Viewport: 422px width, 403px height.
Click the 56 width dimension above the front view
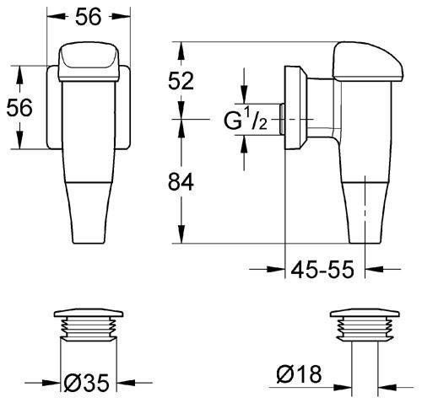[x=89, y=17]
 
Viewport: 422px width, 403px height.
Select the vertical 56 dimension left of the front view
[x=19, y=108]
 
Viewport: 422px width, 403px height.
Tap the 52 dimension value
[x=181, y=81]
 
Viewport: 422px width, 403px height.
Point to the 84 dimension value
[x=181, y=181]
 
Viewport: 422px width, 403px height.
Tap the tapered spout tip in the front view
[x=89, y=219]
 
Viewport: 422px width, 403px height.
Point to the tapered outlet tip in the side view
[x=365, y=215]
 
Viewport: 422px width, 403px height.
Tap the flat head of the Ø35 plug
[x=89, y=314]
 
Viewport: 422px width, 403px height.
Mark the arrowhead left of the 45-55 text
[x=282, y=270]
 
